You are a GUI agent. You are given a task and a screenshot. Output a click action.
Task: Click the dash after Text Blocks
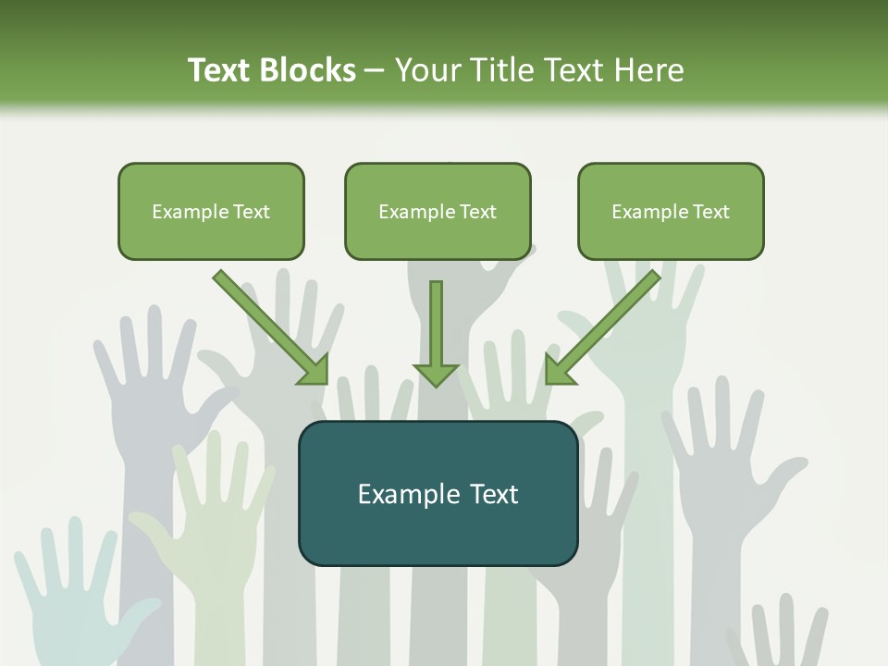(x=375, y=71)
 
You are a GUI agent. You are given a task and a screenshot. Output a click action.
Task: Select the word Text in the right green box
(x=711, y=212)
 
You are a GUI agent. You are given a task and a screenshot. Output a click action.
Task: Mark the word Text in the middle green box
(x=478, y=212)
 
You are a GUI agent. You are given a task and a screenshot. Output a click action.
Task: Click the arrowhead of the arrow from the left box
(x=314, y=370)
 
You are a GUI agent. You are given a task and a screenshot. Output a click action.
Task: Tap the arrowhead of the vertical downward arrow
(x=436, y=374)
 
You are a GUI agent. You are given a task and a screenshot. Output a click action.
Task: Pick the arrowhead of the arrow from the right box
(x=559, y=370)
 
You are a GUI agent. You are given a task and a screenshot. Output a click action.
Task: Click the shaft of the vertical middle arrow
(x=436, y=319)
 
